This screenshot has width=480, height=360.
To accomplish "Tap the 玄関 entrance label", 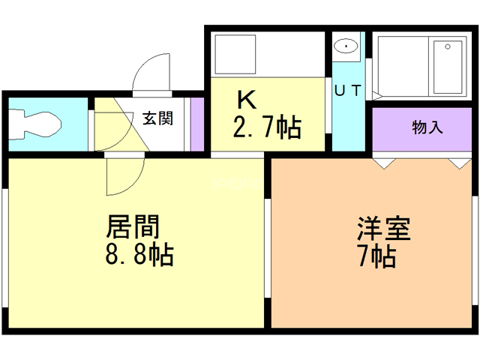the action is [158, 118].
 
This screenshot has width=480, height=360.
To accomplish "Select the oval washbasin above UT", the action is [346, 46].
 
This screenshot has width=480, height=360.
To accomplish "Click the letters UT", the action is [348, 91].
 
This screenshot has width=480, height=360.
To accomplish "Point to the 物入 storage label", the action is [427, 127].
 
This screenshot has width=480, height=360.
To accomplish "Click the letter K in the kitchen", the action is [247, 100].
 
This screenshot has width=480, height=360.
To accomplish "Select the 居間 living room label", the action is [133, 226].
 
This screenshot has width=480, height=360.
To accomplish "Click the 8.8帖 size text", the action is [139, 253].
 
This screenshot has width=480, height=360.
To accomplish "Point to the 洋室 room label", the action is [383, 228].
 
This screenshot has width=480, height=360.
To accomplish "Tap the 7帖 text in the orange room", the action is [377, 256].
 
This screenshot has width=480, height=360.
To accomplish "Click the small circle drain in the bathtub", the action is [448, 46].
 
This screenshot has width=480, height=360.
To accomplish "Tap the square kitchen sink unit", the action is [235, 54].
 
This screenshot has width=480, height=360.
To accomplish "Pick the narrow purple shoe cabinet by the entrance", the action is [197, 124].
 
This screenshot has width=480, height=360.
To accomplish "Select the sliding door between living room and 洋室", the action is [267, 248].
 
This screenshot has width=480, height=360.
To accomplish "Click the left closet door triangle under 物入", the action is [384, 163].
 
